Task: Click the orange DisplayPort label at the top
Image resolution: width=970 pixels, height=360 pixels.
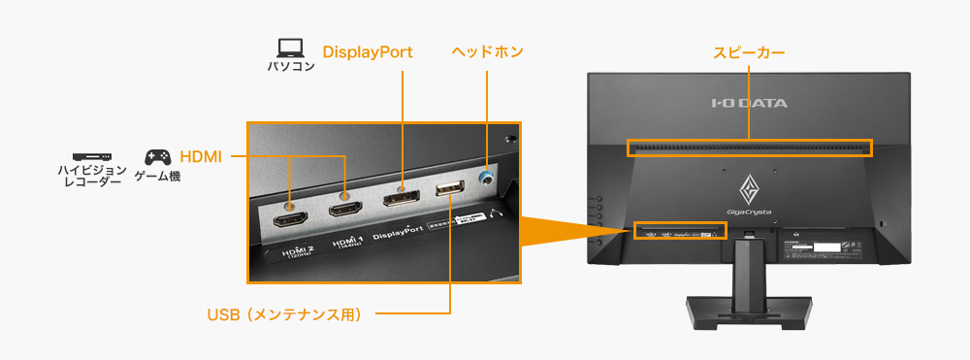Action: [x=368, y=51]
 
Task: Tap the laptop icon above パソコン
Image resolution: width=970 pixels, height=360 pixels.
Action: [x=290, y=47]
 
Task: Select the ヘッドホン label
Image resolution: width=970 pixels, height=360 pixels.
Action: [x=487, y=51]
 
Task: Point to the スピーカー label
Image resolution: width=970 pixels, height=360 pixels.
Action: [x=749, y=51]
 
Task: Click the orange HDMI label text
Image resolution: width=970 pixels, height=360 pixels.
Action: [x=201, y=155]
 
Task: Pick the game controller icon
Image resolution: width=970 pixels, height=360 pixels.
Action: [x=157, y=156]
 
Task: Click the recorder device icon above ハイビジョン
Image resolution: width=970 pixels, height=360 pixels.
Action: [x=92, y=156]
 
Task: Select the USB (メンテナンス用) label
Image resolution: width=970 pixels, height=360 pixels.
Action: [x=284, y=314]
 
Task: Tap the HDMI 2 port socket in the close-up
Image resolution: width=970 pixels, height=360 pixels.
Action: [x=291, y=219]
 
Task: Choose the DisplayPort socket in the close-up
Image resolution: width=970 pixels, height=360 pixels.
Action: [x=401, y=199]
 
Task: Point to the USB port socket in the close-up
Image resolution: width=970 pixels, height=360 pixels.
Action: [x=450, y=188]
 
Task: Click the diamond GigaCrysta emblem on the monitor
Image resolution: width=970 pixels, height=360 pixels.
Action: [x=749, y=184]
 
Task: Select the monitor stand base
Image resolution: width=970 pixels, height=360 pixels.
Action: [x=749, y=312]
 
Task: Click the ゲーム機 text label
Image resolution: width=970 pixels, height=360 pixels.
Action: [x=157, y=178]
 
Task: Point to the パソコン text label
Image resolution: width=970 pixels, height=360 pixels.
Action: [x=291, y=67]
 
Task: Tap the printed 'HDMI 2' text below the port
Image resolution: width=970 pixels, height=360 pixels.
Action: [x=300, y=251]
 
